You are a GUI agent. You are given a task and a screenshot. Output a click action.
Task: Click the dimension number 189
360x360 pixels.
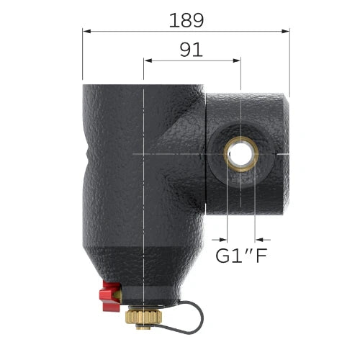pyautogui.click(x=186, y=20)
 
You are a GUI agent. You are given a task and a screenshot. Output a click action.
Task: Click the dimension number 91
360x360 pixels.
pyautogui.click(x=192, y=50)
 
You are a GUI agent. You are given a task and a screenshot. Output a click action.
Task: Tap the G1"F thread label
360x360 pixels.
pyautogui.click(x=241, y=256)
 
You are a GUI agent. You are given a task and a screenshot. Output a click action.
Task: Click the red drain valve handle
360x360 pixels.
pyautogui.click(x=110, y=297)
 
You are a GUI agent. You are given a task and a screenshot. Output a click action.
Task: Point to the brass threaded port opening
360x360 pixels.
pyautogui.click(x=241, y=154)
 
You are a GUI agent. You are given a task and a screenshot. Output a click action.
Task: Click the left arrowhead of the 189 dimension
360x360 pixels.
pyautogui.click(x=86, y=31)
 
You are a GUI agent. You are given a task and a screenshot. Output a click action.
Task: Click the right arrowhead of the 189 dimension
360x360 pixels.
pyautogui.click(x=286, y=31)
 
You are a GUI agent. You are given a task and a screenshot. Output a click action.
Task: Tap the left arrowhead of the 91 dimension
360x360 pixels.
pyautogui.click(x=148, y=60)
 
